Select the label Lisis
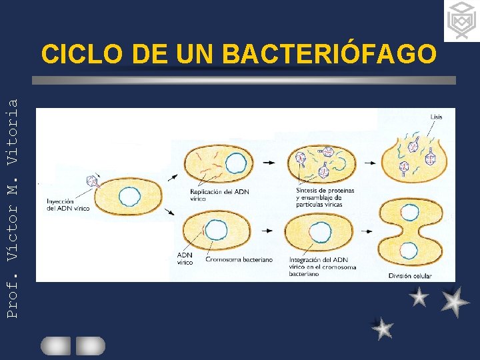click(x=436, y=117)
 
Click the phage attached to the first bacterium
click(x=93, y=182)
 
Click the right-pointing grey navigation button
click(x=90, y=345)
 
